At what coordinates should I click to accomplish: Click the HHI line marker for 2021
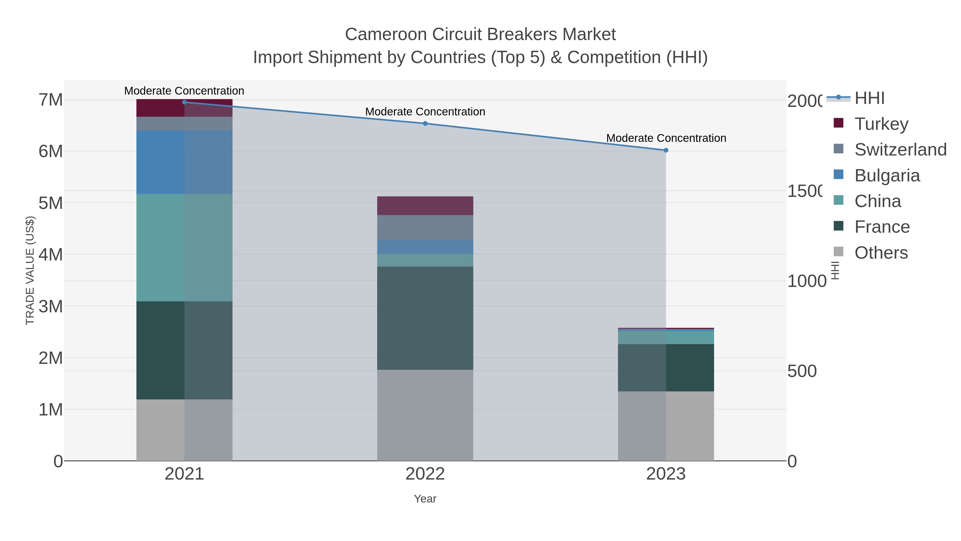pyautogui.click(x=184, y=102)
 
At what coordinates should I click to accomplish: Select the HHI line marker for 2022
pyautogui.click(x=425, y=123)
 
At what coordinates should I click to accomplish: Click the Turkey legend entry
pyautogui.click(x=881, y=124)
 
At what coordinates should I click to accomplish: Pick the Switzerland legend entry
pyautogui.click(x=900, y=149)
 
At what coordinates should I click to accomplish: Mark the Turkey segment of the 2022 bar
pyautogui.click(x=425, y=205)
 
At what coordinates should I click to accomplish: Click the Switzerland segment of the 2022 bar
pyautogui.click(x=425, y=227)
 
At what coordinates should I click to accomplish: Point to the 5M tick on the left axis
pyautogui.click(x=50, y=203)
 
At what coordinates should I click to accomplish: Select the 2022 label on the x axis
pyautogui.click(x=425, y=474)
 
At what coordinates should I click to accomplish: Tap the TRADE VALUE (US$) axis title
pyautogui.click(x=30, y=270)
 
